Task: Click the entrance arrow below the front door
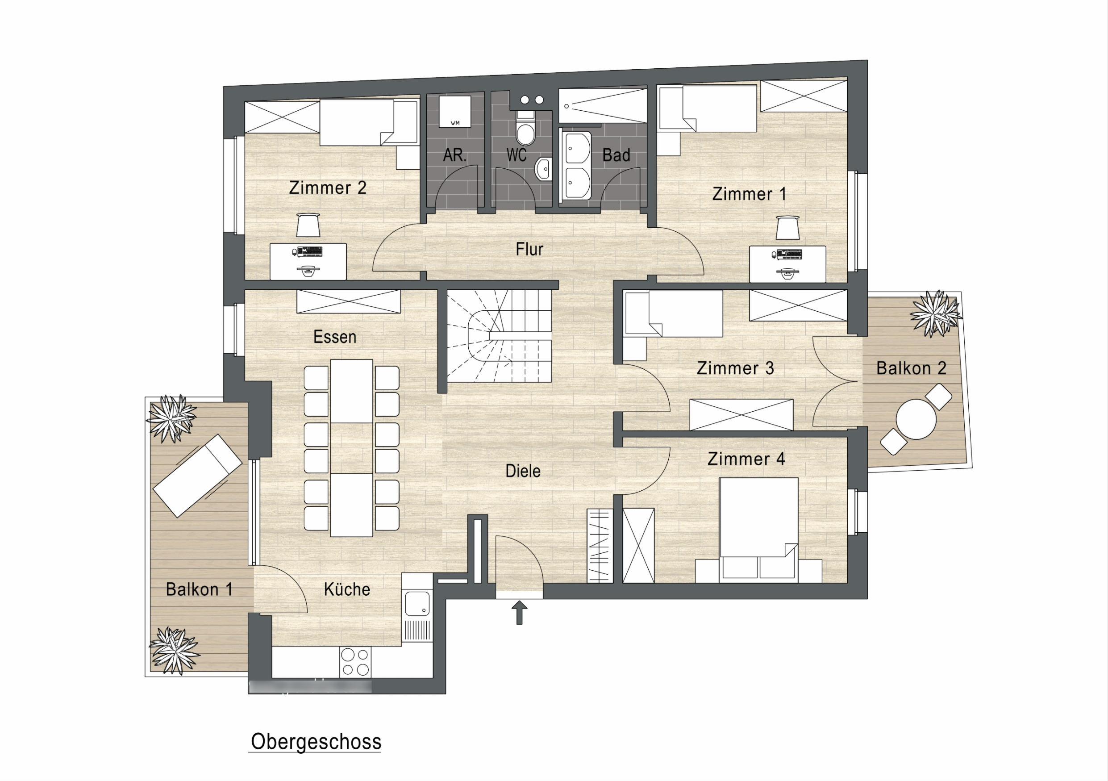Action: tap(519, 612)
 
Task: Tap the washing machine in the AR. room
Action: tap(454, 112)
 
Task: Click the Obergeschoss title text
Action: tap(316, 742)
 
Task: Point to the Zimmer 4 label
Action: tap(746, 459)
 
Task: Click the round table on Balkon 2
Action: tap(916, 419)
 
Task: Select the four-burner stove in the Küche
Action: tap(355, 662)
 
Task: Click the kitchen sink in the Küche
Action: tap(417, 604)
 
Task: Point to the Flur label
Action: tap(529, 249)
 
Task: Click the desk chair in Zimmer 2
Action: tap(308, 225)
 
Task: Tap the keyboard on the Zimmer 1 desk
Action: tap(788, 254)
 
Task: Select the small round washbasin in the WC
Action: tap(543, 168)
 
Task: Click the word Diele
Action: tap(523, 471)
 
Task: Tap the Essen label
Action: tap(335, 336)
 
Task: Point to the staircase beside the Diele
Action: tap(499, 336)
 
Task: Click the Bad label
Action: tap(616, 155)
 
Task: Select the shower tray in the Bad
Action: tap(603, 105)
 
